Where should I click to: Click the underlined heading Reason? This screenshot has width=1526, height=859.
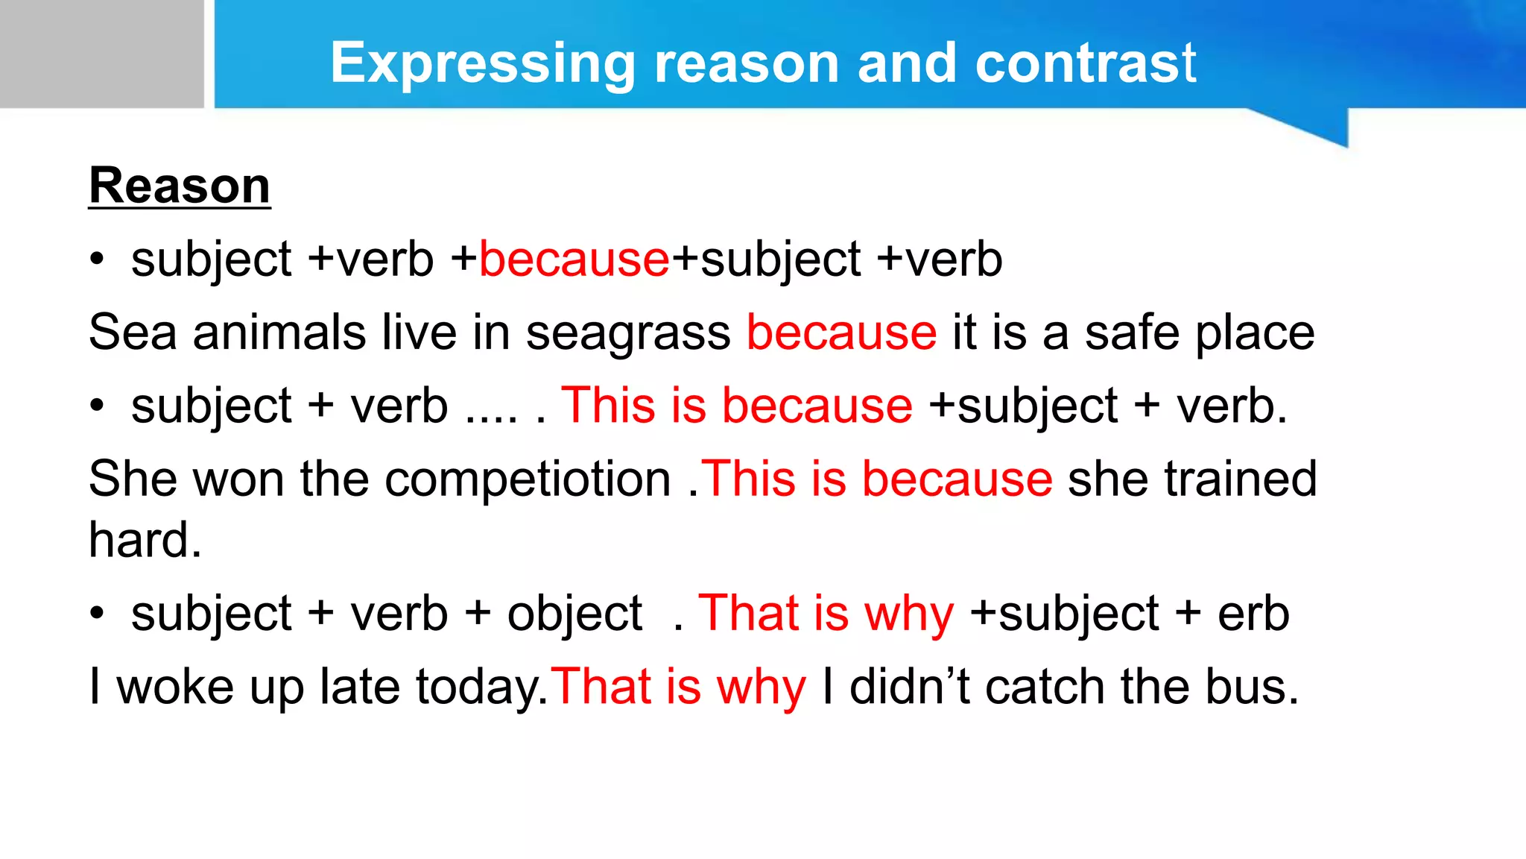[x=180, y=186]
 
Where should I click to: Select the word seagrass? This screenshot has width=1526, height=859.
[x=628, y=333]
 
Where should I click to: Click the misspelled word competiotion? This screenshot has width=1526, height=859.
[x=528, y=479]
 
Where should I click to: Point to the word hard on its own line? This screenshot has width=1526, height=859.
[x=145, y=540]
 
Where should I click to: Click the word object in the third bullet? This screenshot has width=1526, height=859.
[x=574, y=614]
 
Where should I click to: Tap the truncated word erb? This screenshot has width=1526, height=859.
[x=1253, y=614]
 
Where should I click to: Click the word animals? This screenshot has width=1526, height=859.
[x=279, y=333]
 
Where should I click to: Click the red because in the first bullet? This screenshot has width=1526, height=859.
[x=574, y=260]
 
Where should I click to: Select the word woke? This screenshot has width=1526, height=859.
[x=175, y=687]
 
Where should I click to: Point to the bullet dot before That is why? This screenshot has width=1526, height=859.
[x=97, y=613]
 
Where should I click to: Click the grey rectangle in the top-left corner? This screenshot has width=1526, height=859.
[x=101, y=54]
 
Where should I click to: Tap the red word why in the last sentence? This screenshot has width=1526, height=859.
[x=761, y=688]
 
